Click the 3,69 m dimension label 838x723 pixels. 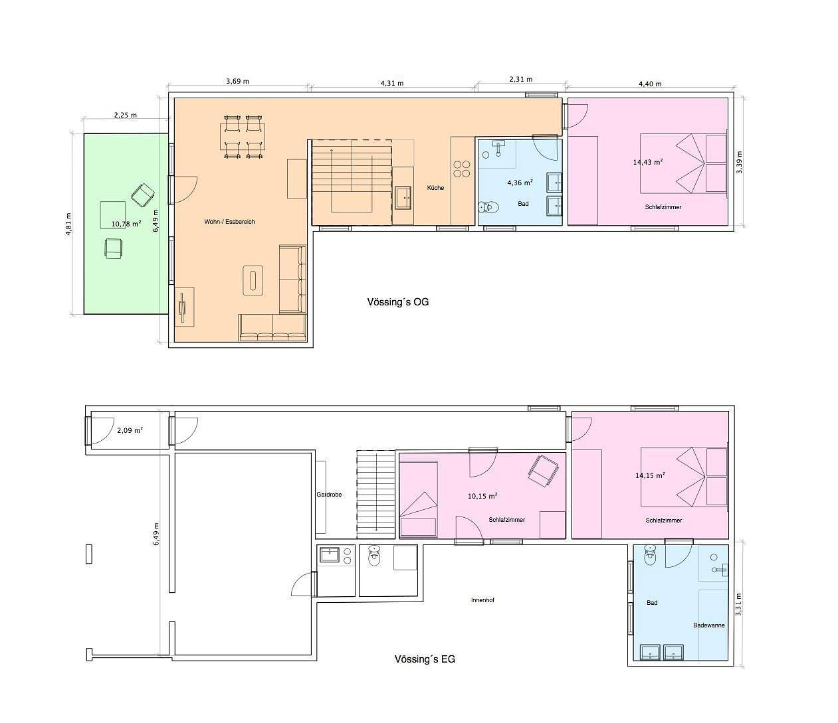pos(237,82)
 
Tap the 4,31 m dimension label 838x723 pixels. pos(392,84)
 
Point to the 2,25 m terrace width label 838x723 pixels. pos(126,115)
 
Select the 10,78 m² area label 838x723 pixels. pos(126,223)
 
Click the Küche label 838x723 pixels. pos(435,188)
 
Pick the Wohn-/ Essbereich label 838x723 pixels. pos(229,222)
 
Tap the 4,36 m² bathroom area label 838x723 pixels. pos(520,183)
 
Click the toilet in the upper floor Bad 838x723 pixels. pos(488,207)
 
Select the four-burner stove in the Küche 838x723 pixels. pos(462,169)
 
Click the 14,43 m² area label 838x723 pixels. pos(648,162)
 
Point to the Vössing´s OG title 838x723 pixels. pos(397,302)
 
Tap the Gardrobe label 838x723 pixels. pos(329,495)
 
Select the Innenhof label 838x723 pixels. pos(482,600)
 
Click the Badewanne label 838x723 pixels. pos(708,625)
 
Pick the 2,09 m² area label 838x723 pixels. pos(130,431)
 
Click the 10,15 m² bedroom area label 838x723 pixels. pos(482,496)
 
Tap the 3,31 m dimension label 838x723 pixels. pos(739,604)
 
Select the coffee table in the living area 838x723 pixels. pos(253,280)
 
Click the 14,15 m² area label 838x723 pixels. pos(650,475)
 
